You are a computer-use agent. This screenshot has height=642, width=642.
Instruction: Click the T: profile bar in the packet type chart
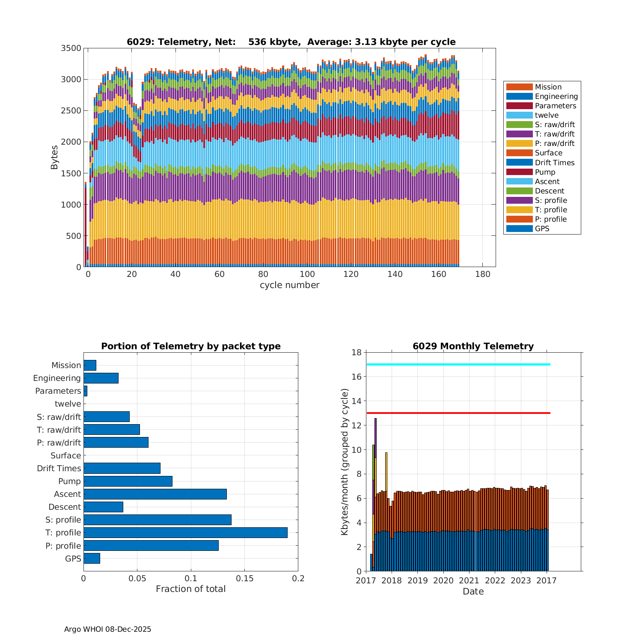point(185,532)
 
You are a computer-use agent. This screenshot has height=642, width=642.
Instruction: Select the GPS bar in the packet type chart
point(92,558)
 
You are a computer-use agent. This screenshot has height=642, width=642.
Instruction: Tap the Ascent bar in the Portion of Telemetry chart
point(155,494)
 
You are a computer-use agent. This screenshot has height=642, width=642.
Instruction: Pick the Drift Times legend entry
point(554,163)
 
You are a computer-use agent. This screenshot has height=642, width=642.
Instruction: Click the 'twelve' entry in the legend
point(547,115)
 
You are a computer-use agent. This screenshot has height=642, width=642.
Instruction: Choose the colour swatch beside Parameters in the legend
point(519,106)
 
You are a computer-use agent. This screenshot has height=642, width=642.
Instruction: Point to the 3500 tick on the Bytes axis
point(71,48)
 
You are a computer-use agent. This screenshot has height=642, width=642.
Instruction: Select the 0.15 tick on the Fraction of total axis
point(244,579)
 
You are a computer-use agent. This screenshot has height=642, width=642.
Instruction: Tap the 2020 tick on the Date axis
point(443,581)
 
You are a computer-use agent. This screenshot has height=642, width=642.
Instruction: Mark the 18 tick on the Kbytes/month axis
point(357,352)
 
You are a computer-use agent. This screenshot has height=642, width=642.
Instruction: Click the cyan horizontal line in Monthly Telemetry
point(458,364)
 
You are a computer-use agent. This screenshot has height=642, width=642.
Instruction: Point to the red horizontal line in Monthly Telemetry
point(458,413)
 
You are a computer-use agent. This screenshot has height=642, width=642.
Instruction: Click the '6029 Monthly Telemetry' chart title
point(473,346)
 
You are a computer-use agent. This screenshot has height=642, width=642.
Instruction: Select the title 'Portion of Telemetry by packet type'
point(191,346)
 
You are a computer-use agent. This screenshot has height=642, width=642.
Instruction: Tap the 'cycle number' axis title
point(289,285)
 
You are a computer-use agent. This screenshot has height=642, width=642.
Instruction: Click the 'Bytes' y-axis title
point(54,158)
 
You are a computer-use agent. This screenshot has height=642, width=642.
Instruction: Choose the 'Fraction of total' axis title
point(190,589)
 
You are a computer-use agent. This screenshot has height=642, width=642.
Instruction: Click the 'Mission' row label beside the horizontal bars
point(66,366)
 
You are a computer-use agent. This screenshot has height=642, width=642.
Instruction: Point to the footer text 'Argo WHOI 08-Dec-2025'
point(107,629)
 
